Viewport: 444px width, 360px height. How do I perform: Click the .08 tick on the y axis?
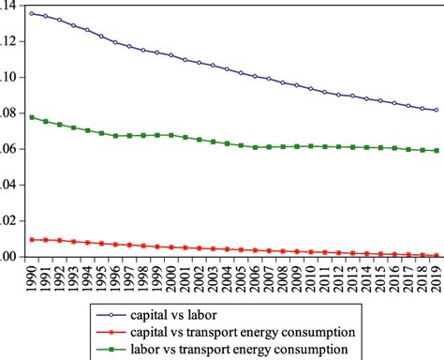(8, 113)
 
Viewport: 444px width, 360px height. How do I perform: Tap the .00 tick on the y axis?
(8, 257)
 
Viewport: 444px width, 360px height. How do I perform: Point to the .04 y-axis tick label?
(8, 186)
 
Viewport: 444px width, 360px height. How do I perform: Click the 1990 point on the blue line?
(32, 14)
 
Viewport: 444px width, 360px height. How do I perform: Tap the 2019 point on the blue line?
(436, 110)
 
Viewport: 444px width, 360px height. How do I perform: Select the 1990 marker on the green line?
(32, 117)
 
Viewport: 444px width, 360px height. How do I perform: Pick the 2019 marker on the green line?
(436, 150)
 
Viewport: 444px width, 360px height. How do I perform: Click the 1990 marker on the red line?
(32, 240)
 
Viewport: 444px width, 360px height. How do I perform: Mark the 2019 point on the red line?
(436, 255)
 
